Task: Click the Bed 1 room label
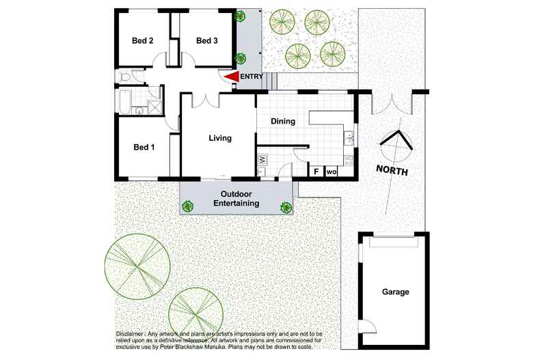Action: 144,147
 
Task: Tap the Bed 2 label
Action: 142,41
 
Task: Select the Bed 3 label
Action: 206,41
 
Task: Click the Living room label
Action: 220,138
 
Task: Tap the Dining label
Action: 282,122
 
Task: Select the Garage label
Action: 395,292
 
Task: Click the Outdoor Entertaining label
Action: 236,199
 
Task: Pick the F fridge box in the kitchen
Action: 316,171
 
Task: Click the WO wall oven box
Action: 332,171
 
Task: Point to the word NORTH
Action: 392,171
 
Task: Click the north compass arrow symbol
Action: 395,141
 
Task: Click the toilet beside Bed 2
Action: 123,79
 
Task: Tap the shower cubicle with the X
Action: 154,107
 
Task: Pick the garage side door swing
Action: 365,327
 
